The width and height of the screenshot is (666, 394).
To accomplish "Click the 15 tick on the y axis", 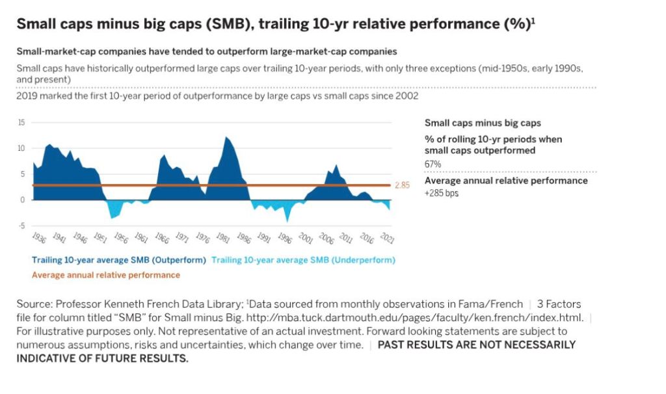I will (x=21, y=123).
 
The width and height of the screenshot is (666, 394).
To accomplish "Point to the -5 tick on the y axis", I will (x=21, y=226).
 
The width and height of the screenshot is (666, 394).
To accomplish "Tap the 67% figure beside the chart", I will (x=433, y=164).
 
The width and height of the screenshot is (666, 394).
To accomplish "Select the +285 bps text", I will (x=442, y=193).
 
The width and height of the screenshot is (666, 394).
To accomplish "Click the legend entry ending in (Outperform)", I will (x=119, y=260).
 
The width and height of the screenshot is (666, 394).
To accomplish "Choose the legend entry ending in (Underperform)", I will (x=303, y=260).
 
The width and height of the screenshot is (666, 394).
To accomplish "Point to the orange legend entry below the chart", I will (x=106, y=275).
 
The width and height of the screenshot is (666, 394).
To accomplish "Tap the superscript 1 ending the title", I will (x=534, y=20).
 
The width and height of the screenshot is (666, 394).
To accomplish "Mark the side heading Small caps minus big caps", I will (x=483, y=123).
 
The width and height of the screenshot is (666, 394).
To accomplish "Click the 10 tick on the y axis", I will (x=21, y=148).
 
